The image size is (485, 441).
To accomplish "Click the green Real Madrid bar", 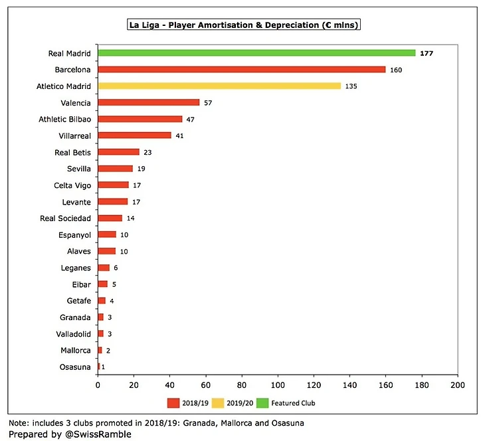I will [x=256, y=52].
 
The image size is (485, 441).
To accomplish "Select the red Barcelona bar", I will [x=242, y=69].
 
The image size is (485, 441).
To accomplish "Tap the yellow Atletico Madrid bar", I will [x=219, y=86].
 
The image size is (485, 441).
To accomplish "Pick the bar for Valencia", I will [x=149, y=102].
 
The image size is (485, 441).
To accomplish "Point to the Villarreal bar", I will [x=134, y=135].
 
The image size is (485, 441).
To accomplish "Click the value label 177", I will [x=427, y=53].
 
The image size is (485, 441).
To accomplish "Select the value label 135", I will [x=351, y=86].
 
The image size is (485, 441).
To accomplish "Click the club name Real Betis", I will [x=73, y=152].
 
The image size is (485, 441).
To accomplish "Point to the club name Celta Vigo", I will [x=73, y=185].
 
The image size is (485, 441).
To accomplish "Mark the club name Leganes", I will [x=76, y=268].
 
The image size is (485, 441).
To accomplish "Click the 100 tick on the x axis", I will [x=278, y=385].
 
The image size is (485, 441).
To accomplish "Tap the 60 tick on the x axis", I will [x=206, y=385].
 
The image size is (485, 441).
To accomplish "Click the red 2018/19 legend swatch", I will [x=173, y=402].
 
